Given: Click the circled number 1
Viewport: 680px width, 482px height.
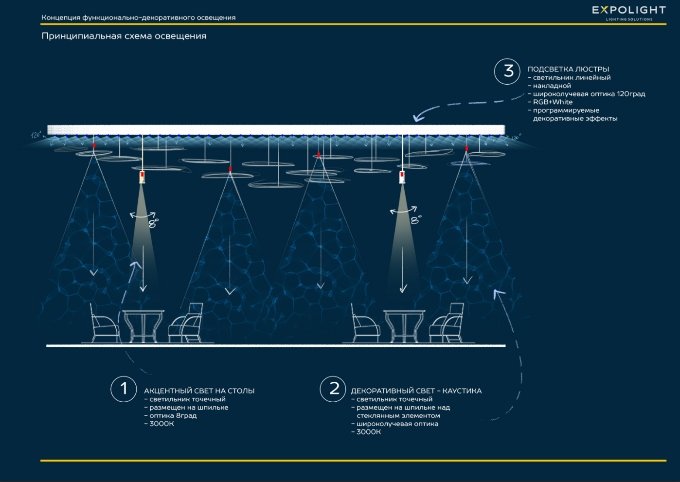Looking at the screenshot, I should (124, 389).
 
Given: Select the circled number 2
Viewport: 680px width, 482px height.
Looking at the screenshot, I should (333, 389).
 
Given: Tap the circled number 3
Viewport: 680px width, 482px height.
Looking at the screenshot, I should (508, 71).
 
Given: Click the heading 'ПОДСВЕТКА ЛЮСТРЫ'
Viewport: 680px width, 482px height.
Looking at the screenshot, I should (568, 69).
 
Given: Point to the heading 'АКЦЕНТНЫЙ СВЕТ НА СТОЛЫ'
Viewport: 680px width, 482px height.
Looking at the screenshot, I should (199, 391).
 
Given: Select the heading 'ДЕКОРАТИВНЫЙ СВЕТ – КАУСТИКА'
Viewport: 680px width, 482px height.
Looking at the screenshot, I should (416, 391).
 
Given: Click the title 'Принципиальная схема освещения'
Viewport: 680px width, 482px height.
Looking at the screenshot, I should (124, 36).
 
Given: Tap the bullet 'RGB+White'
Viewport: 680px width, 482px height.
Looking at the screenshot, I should (553, 102).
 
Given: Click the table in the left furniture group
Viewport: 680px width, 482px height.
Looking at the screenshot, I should (143, 325).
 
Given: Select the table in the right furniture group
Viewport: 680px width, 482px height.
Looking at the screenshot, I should (404, 325).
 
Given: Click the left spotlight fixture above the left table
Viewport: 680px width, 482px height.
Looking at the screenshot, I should (142, 177).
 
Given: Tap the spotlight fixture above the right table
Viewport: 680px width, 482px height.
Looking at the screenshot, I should (402, 177).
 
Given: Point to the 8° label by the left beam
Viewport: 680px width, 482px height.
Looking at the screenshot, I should (153, 223).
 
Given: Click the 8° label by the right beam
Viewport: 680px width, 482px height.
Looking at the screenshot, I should (415, 220).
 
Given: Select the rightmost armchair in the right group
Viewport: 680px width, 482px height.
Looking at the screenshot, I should (448, 322).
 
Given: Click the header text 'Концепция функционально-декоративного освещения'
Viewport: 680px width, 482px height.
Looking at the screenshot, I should (138, 18).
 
